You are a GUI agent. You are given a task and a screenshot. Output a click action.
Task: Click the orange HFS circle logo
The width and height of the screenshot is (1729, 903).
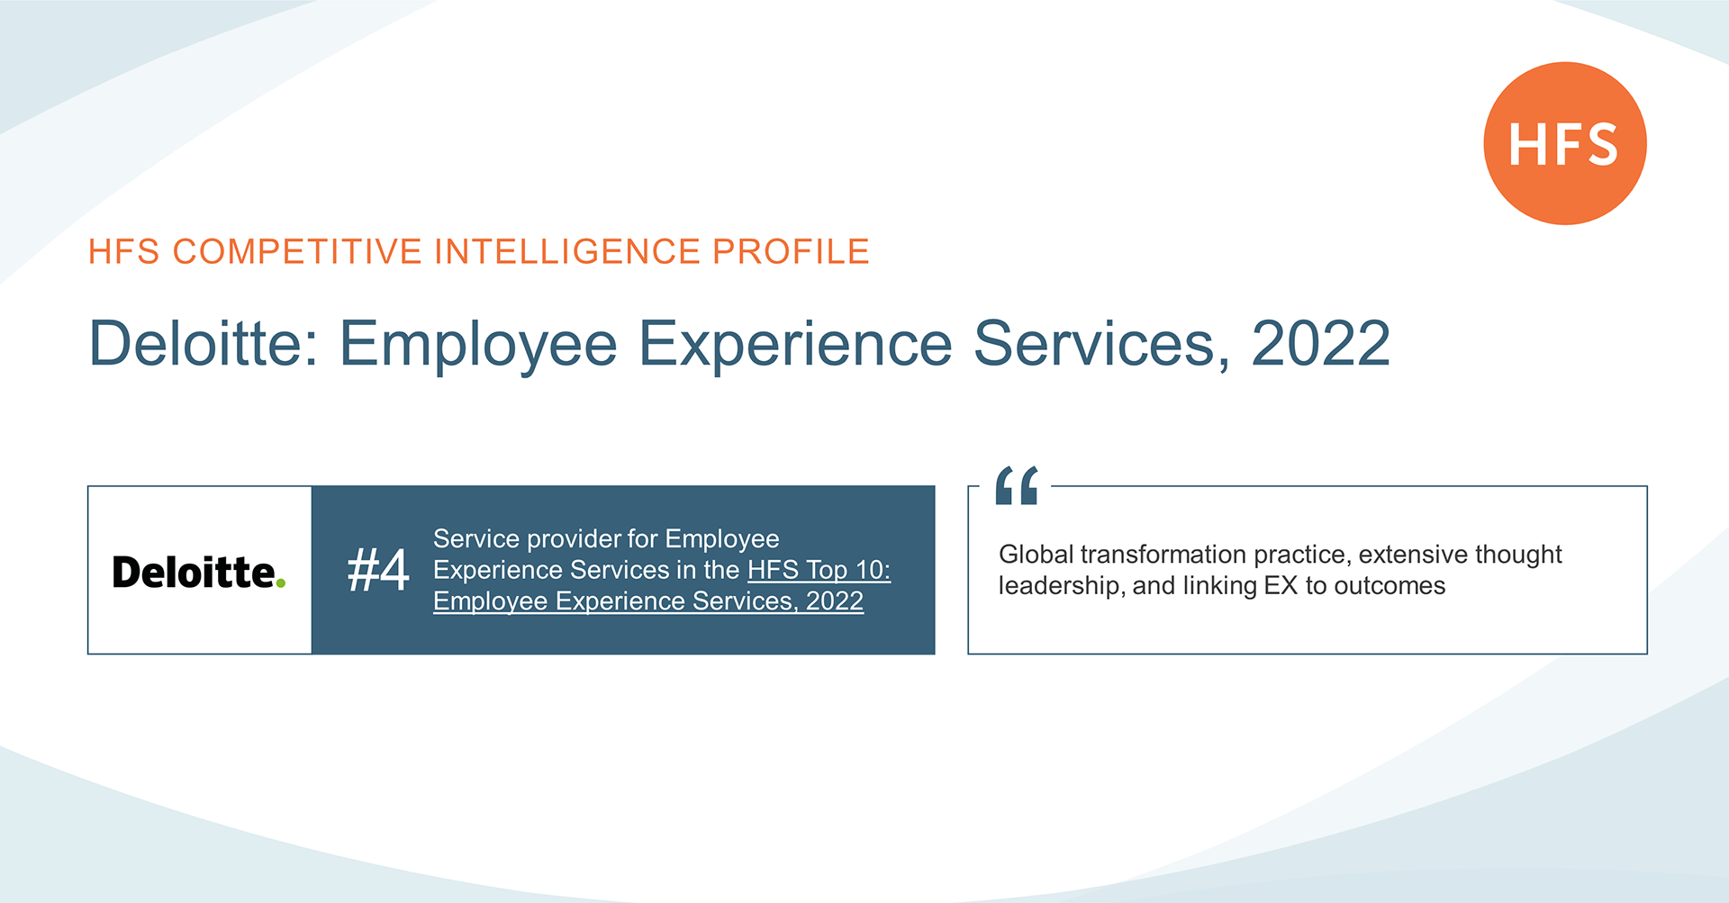[1565, 143]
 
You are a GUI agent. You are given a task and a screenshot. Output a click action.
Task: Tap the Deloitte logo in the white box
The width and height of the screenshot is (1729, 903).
[199, 572]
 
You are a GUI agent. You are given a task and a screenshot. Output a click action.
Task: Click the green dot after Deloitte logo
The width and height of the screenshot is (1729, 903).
[281, 583]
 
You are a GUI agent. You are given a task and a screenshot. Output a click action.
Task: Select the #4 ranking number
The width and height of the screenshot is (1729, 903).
[378, 570]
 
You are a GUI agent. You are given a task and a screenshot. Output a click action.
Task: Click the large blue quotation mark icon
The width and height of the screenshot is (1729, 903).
[1017, 485]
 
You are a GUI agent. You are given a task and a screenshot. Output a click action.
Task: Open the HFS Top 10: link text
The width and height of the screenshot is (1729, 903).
[819, 570]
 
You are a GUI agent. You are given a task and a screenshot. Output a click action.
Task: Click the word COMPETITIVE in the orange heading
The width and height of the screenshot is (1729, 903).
[297, 251]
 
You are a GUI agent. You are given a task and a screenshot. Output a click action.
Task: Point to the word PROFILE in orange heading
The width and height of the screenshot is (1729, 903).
[791, 251]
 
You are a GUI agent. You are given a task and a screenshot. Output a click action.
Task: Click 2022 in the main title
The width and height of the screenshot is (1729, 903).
[1321, 343]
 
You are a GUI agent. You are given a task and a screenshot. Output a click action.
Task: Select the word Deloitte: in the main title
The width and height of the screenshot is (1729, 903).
[204, 343]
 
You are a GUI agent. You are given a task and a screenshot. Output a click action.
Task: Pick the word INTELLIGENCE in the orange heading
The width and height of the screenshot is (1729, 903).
[567, 251]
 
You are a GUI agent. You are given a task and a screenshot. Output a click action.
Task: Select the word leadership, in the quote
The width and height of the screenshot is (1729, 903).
[1062, 586]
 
